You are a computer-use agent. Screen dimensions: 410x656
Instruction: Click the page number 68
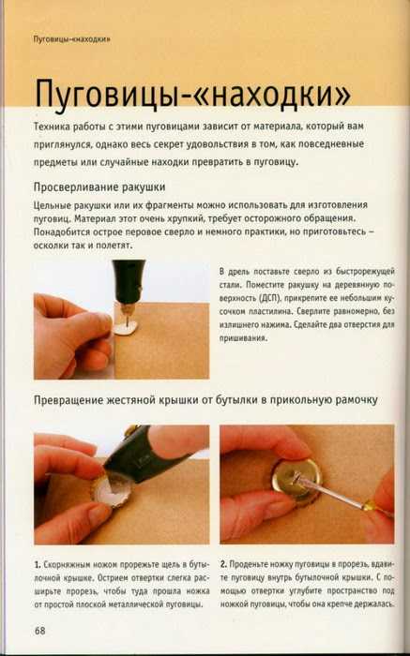point(39,631)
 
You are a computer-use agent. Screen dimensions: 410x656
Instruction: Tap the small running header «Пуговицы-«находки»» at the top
point(71,39)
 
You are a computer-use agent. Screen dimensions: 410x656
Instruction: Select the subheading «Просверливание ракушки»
point(99,186)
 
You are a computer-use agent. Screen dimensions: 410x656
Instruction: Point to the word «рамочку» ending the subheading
point(357,400)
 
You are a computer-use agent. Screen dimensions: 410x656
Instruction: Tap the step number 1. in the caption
point(38,565)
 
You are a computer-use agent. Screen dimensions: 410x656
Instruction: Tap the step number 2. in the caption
point(223,564)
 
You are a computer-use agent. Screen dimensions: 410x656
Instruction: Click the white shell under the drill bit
point(126,328)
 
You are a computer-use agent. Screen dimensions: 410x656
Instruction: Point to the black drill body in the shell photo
point(129,281)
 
